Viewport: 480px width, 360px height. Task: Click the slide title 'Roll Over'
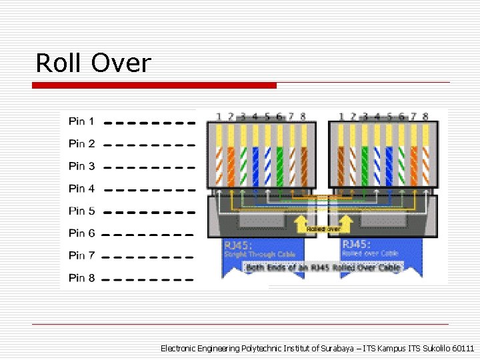pyautogui.click(x=93, y=63)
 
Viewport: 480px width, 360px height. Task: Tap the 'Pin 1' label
pyautogui.click(x=81, y=121)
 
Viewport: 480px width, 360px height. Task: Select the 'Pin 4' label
pyautogui.click(x=81, y=189)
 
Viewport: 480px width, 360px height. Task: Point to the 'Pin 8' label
pyautogui.click(x=81, y=277)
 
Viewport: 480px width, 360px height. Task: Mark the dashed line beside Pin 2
pyautogui.click(x=150, y=144)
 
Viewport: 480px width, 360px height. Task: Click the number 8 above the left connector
pyautogui.click(x=303, y=117)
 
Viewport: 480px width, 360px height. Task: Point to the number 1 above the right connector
pyautogui.click(x=341, y=117)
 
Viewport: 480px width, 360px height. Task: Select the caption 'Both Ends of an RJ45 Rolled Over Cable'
pyautogui.click(x=324, y=267)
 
